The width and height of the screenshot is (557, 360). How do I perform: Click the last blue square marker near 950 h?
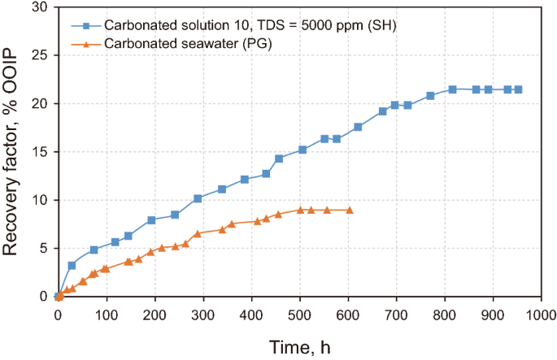point(518,89)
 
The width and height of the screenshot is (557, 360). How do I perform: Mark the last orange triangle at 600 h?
point(350,210)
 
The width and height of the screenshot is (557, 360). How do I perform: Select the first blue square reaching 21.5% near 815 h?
point(453,89)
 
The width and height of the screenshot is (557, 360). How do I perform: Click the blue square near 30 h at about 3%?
point(72,265)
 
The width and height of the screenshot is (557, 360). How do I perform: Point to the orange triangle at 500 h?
point(300,210)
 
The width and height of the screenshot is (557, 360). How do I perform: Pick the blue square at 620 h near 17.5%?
point(358,127)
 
